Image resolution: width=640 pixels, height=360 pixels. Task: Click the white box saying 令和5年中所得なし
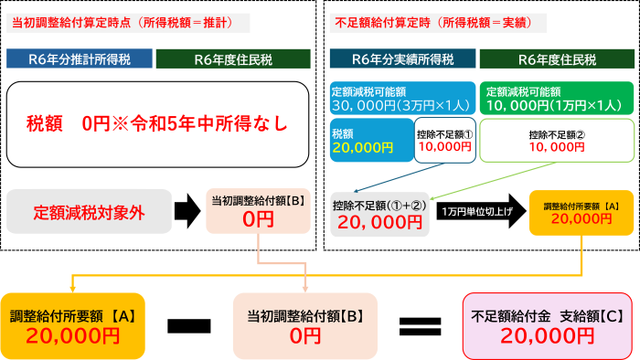click(157, 123)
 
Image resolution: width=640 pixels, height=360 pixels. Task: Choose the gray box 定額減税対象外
click(89, 212)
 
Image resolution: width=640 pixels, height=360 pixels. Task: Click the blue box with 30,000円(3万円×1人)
click(402, 98)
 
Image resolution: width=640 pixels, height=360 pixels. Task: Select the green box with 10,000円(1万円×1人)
click(558, 98)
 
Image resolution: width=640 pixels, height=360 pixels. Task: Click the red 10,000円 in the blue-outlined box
click(444, 145)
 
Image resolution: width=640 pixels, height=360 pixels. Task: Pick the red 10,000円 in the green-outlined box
click(557, 146)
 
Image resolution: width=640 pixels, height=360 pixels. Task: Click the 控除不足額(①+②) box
click(379, 214)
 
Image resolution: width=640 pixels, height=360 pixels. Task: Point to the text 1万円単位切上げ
click(475, 212)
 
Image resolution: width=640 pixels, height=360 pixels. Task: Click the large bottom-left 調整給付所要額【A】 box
click(72, 324)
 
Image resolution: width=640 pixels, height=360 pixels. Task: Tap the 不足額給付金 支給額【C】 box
click(547, 324)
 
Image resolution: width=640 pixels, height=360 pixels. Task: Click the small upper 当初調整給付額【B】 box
click(259, 211)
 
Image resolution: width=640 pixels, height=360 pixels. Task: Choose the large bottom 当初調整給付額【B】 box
click(305, 324)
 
